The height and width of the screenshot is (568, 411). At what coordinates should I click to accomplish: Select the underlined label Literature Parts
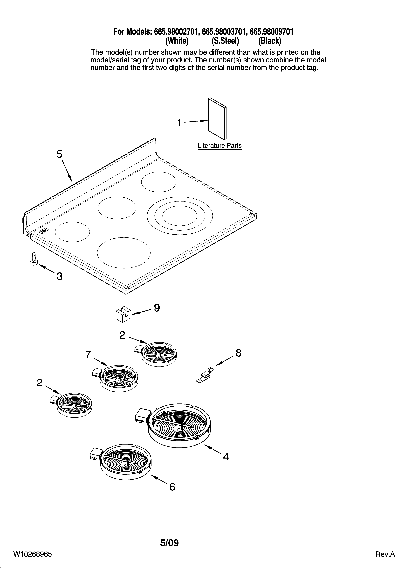click(x=219, y=146)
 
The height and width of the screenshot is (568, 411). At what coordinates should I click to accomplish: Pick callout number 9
click(x=157, y=308)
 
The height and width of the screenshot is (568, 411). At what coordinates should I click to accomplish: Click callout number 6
click(x=172, y=487)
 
